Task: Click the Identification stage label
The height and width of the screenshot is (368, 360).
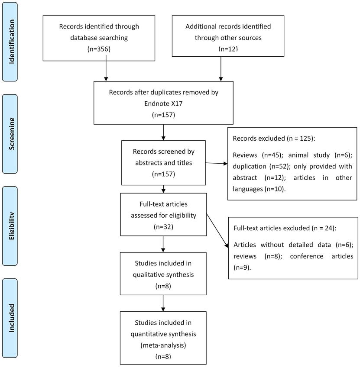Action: tap(12, 42)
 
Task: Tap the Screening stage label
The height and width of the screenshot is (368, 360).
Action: tap(12, 134)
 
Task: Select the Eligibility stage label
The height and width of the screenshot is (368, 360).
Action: tap(12, 226)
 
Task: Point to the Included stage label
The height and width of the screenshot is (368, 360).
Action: tap(12, 318)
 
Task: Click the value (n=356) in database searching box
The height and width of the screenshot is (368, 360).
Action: tap(99, 49)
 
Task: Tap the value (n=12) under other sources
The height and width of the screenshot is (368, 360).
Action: tap(228, 48)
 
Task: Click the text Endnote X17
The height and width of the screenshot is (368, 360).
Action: tap(163, 103)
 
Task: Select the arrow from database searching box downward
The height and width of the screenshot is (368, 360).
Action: tap(106, 68)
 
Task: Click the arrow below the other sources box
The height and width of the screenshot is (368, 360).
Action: tap(221, 69)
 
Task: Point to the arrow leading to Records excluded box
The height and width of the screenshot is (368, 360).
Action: tap(217, 163)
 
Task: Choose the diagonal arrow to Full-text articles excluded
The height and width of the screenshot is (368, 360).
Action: tap(217, 230)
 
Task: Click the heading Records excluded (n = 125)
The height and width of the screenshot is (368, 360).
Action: tap(274, 139)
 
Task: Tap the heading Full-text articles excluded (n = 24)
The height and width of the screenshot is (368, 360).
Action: tap(285, 228)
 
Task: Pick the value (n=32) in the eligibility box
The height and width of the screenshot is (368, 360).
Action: tap(163, 227)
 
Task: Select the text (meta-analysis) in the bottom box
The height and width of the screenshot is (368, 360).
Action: tap(163, 345)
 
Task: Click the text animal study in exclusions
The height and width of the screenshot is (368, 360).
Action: tap(309, 155)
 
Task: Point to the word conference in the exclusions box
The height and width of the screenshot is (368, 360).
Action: tap(306, 256)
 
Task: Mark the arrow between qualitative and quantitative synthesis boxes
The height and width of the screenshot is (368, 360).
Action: tap(163, 303)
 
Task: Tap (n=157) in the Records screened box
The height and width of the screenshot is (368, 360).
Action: tap(163, 174)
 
